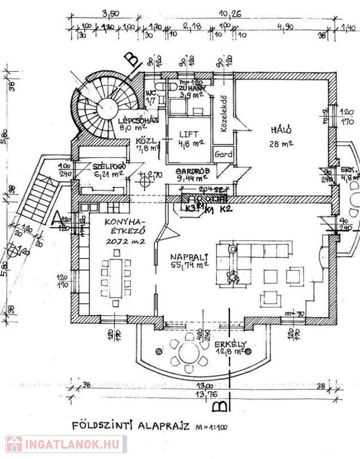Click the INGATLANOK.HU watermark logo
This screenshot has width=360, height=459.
pos(66,444)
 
